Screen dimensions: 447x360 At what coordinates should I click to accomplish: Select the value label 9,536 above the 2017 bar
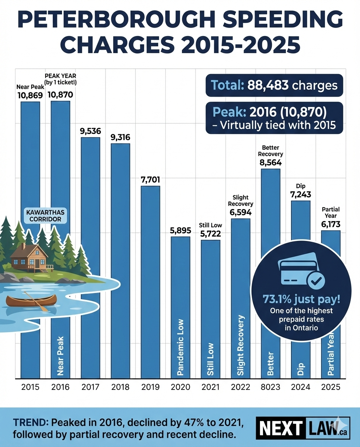90,131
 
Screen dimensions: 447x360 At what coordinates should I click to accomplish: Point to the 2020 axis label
180,387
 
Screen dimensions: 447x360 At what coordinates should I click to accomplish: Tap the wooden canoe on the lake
32,301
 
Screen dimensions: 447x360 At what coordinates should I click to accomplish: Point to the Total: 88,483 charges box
274,85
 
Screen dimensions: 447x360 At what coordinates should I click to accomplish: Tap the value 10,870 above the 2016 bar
60,94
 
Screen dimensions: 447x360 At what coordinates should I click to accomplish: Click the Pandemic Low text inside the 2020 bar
180,347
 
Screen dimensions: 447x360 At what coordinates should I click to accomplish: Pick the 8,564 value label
270,163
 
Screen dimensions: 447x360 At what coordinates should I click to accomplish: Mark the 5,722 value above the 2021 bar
210,234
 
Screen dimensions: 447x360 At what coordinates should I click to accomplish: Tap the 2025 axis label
331,387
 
